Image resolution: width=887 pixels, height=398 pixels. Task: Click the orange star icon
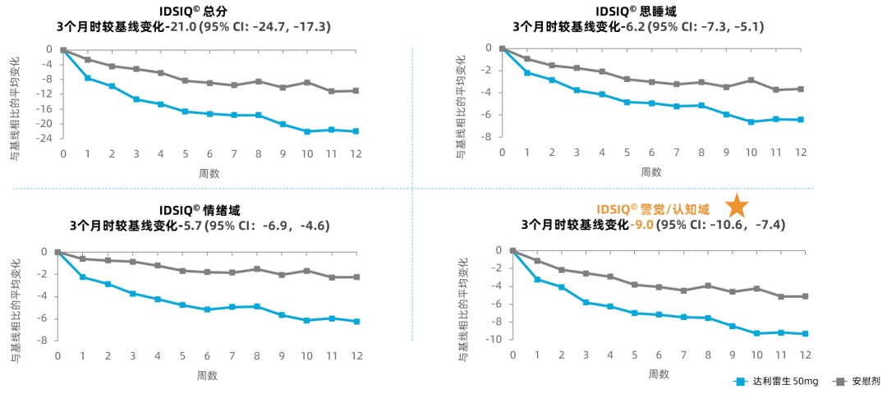(x=737, y=206)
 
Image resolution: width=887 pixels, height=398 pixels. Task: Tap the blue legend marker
(x=740, y=382)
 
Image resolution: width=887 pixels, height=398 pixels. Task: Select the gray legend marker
(x=839, y=382)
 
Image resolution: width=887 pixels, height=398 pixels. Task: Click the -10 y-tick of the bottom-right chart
(x=495, y=340)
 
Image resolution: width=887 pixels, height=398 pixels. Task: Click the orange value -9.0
(x=641, y=224)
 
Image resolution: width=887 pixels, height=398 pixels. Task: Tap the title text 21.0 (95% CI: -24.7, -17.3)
(x=250, y=27)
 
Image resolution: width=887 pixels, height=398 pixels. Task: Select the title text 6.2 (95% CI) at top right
(x=694, y=27)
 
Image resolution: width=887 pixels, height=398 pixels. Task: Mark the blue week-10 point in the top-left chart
(x=307, y=131)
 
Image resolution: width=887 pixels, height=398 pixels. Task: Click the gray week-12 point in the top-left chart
(x=356, y=90)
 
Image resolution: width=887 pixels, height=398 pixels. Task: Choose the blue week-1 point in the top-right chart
(x=527, y=73)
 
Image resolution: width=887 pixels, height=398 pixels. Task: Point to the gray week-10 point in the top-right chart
(x=751, y=80)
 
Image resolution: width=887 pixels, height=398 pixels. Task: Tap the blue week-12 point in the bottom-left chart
(x=356, y=322)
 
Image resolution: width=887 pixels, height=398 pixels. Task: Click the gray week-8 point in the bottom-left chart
(x=257, y=268)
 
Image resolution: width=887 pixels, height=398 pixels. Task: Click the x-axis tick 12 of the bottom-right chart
(x=806, y=353)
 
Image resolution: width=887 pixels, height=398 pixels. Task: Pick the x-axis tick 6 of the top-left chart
(x=209, y=153)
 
